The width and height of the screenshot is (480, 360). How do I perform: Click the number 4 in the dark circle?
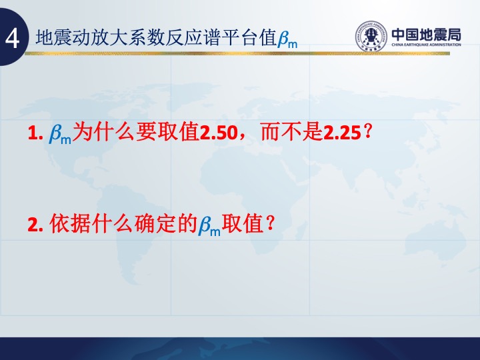12,39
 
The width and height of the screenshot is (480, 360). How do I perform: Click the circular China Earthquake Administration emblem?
371,36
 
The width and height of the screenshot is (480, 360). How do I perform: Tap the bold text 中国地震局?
426,35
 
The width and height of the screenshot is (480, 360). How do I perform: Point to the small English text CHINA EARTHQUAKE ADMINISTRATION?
426,45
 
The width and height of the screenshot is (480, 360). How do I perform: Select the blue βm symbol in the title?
288,39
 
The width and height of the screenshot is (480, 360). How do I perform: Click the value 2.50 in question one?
219,133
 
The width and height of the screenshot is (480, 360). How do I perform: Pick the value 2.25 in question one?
342,133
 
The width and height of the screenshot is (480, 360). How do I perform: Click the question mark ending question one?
367,132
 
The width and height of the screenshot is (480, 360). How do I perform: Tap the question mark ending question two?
270,223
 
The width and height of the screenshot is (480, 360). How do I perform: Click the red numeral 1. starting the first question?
35,133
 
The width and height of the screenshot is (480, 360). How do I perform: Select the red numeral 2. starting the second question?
35,225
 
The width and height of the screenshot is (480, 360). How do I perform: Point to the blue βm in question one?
60,134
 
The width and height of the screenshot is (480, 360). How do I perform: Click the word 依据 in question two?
70,223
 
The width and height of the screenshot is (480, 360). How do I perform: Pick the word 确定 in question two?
155,223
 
